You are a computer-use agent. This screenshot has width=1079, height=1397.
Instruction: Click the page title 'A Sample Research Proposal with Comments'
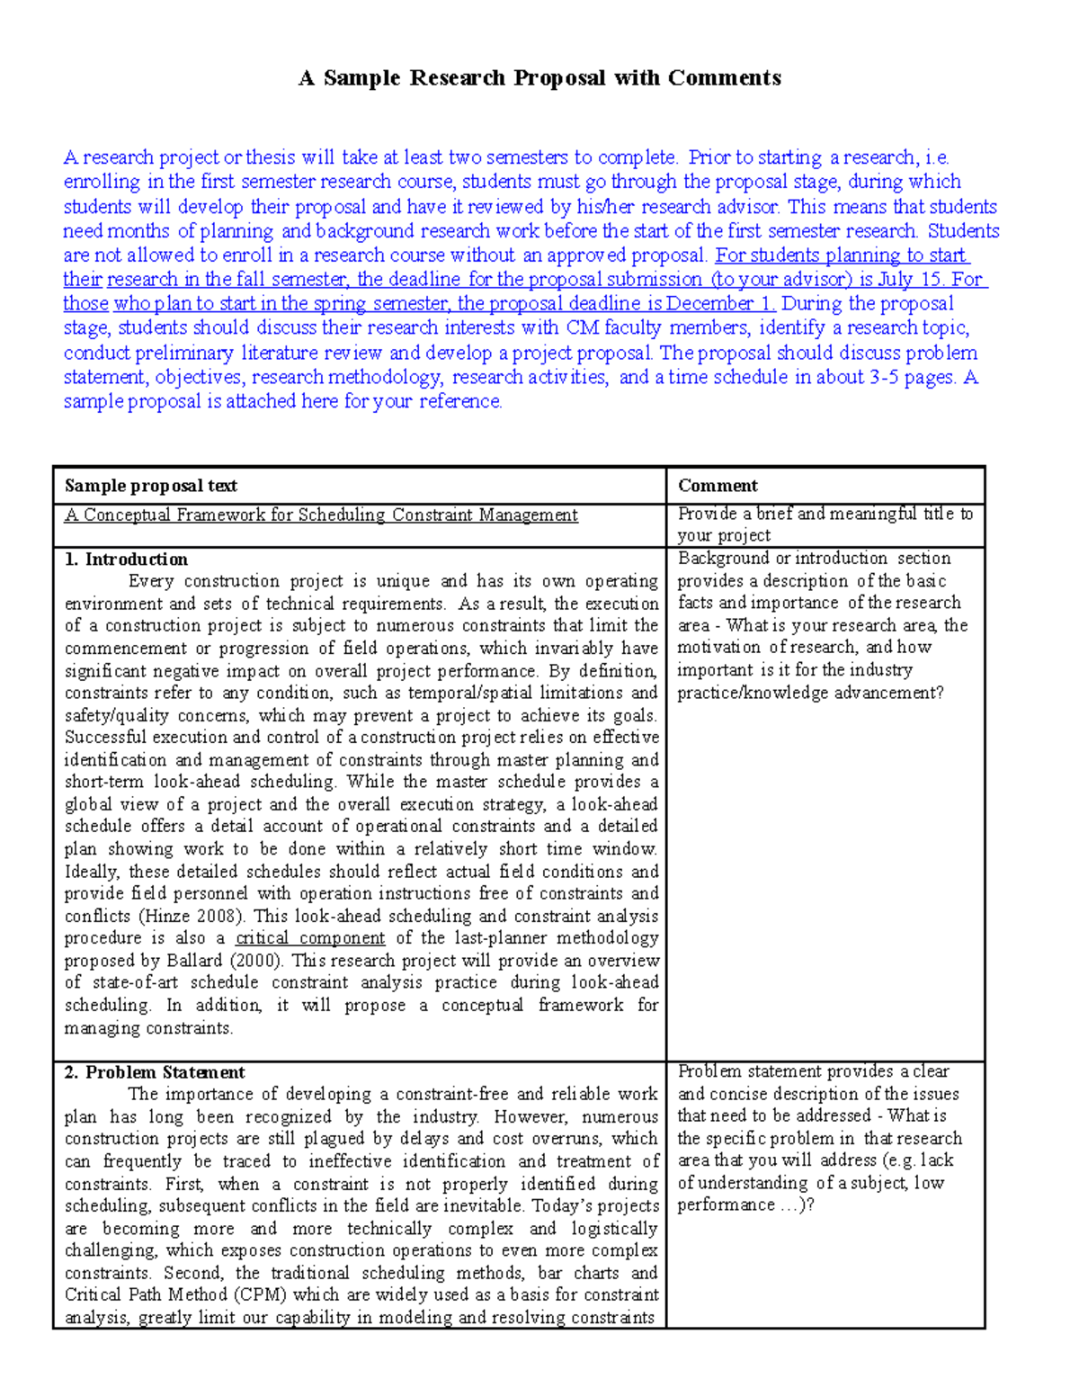pyautogui.click(x=539, y=78)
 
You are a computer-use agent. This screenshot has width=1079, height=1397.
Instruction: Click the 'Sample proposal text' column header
pyautogui.click(x=150, y=486)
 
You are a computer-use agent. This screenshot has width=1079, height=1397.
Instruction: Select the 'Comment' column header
pyautogui.click(x=718, y=486)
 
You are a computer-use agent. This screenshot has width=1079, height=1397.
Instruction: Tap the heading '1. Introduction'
pyautogui.click(x=126, y=560)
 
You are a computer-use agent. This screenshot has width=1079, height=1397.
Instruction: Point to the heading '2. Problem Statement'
pyautogui.click(x=155, y=1072)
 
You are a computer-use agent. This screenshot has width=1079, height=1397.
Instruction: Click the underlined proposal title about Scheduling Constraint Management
pyautogui.click(x=321, y=515)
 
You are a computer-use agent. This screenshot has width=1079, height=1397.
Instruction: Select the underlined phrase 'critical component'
pyautogui.click(x=310, y=938)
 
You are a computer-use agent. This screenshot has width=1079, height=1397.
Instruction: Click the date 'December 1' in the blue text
pyautogui.click(x=720, y=304)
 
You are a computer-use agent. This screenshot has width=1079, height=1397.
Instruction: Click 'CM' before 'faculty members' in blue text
pyautogui.click(x=582, y=328)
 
